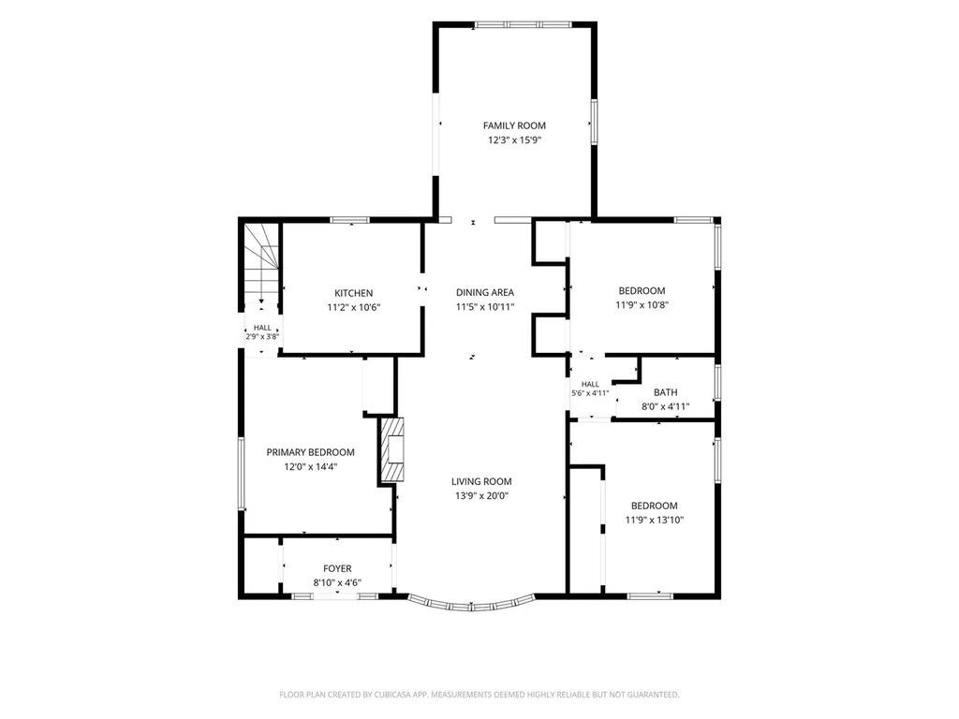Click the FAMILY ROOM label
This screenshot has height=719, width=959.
(514, 125)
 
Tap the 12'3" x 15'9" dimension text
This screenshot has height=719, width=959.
(514, 140)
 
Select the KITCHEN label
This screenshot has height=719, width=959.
(353, 293)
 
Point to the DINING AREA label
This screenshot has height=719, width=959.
(485, 292)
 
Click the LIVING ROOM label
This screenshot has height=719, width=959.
(481, 481)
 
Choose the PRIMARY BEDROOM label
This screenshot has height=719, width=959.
(310, 452)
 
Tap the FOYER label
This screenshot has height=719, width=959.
(337, 568)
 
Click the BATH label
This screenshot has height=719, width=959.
(666, 392)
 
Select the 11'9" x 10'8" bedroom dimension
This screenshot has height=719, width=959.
(642, 305)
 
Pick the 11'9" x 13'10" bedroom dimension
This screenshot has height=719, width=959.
(654, 521)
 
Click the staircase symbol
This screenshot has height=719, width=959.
(262, 263)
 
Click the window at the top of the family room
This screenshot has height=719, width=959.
(523, 25)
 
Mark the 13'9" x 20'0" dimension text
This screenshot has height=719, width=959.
(481, 496)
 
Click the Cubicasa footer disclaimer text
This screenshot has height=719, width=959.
(479, 695)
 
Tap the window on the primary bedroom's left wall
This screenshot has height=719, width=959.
(242, 473)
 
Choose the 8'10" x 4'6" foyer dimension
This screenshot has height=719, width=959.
(337, 583)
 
